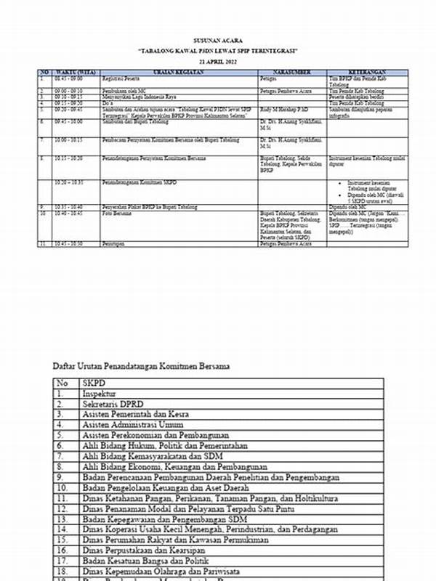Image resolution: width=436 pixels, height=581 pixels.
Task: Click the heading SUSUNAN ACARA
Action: click(218, 41)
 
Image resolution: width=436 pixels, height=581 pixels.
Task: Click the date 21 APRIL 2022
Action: click(218, 62)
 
